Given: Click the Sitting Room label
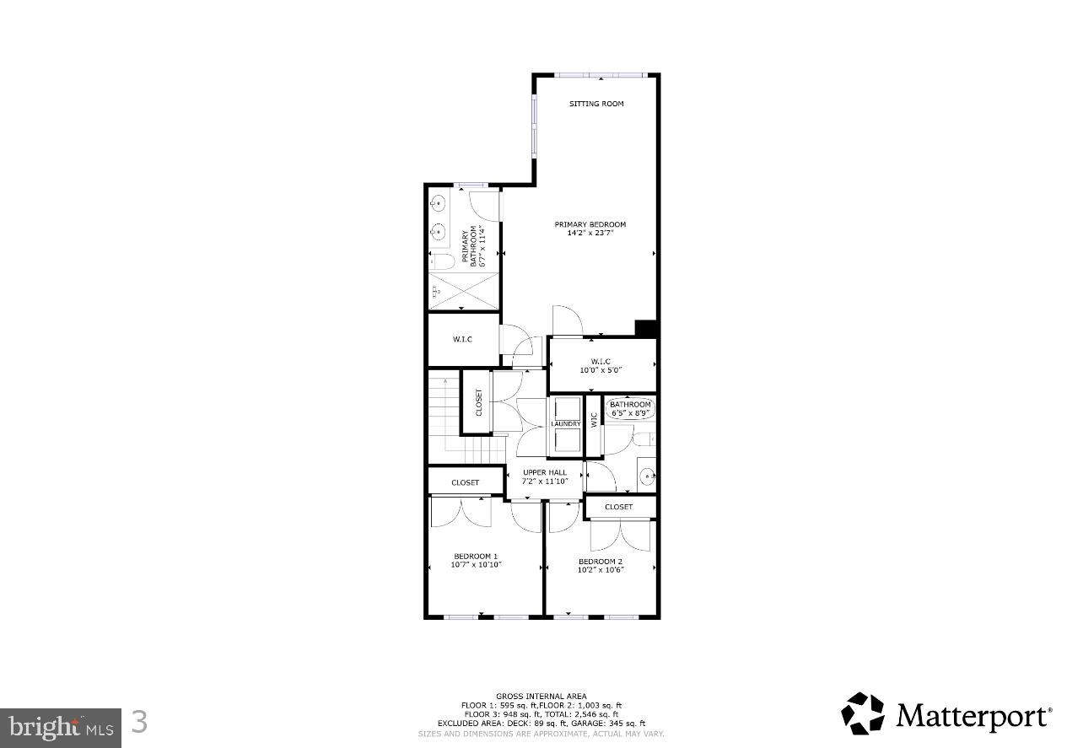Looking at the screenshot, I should [595, 104].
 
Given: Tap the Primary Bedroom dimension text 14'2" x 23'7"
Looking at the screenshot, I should [590, 234].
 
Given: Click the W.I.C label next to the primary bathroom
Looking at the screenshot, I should [461, 340].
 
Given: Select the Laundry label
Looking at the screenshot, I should [565, 424].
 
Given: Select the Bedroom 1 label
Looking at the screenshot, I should [476, 556].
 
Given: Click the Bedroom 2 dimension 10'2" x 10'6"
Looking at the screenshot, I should [600, 570].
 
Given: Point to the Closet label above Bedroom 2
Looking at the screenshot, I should [618, 507].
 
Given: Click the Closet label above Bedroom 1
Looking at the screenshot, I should [465, 482].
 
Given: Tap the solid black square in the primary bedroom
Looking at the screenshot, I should [645, 329].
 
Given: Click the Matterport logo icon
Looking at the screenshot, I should [862, 713].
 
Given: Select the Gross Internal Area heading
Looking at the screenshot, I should [541, 697].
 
